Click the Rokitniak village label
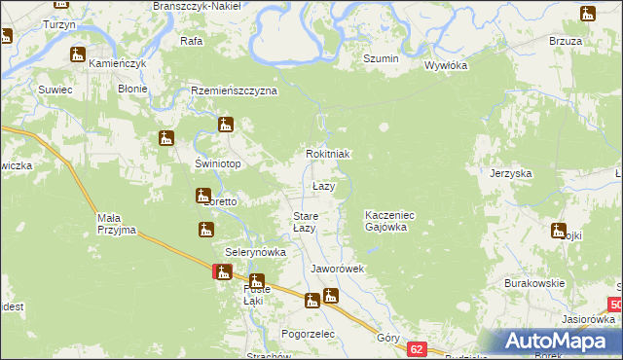click(x=327, y=155)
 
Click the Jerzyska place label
click(x=511, y=173)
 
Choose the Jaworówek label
click(x=337, y=269)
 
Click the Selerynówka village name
click(x=255, y=252)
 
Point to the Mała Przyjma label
click(x=116, y=225)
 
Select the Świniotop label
click(x=218, y=163)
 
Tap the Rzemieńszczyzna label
click(x=234, y=90)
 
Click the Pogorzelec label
click(x=308, y=334)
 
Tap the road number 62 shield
click(x=418, y=348)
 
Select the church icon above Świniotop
click(x=165, y=139)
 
